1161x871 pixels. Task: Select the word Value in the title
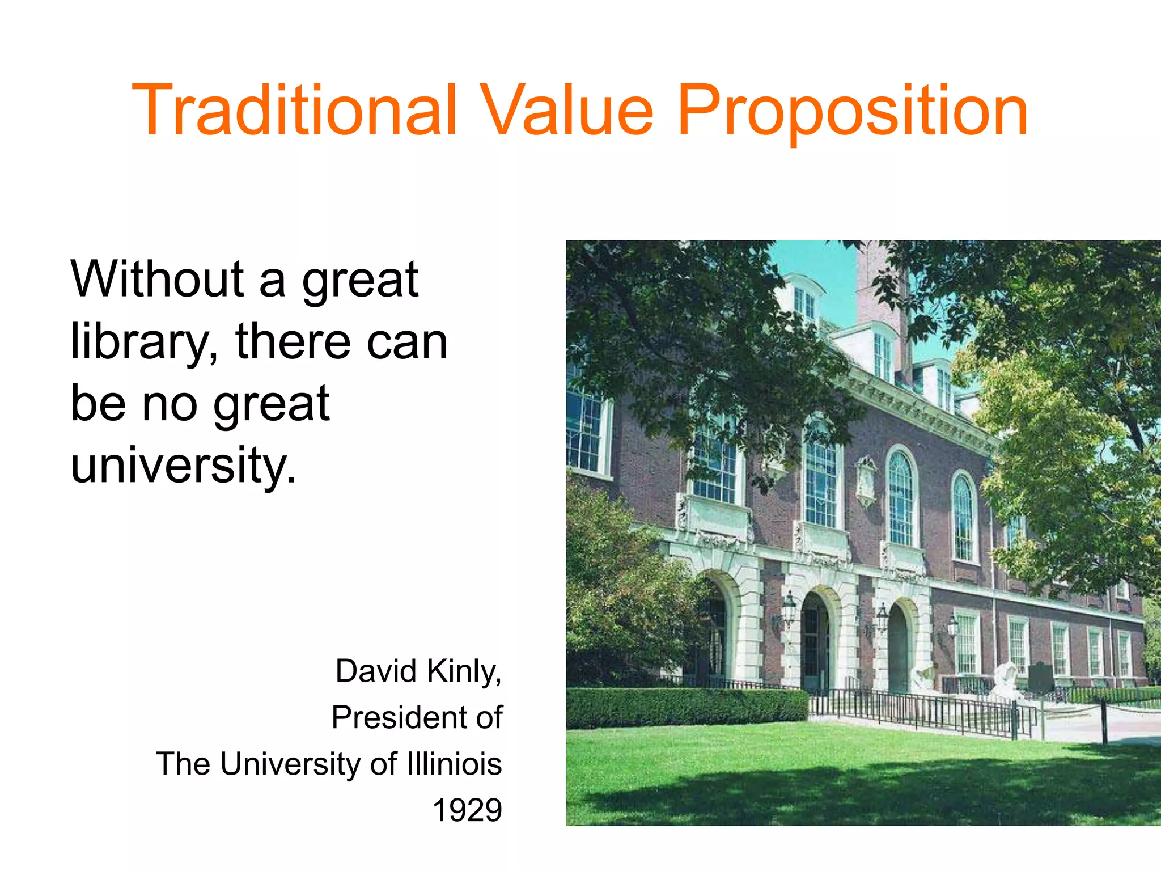click(567, 110)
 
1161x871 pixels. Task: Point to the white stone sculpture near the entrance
click(1006, 678)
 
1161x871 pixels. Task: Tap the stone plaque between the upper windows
click(865, 479)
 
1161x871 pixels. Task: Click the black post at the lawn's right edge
click(1104, 720)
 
